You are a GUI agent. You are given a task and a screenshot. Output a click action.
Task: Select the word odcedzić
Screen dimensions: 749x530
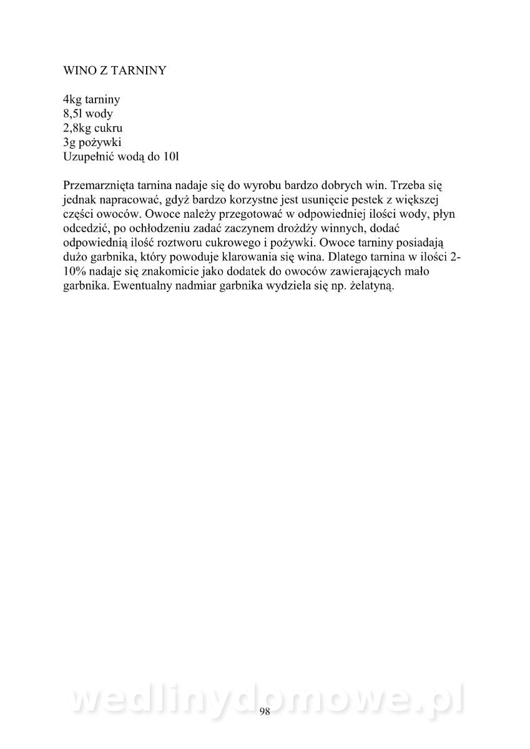pyautogui.click(x=87, y=228)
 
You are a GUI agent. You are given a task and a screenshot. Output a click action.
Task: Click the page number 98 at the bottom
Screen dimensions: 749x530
pyautogui.click(x=265, y=712)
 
